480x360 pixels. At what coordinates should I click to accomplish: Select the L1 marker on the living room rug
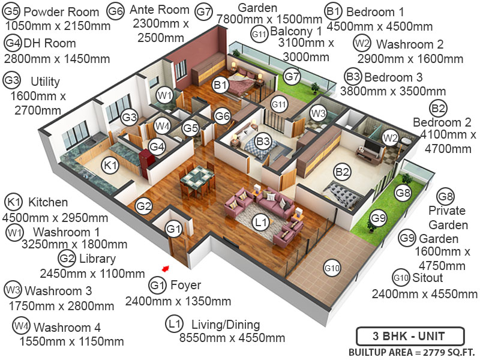[260, 223]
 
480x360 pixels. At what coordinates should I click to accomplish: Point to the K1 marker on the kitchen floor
[110, 166]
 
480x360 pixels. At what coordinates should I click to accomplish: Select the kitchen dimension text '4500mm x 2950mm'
[56, 218]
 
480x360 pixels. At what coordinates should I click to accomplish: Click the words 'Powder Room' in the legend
[61, 12]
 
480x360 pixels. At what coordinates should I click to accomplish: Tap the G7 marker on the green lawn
[292, 77]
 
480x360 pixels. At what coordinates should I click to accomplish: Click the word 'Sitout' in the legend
[428, 278]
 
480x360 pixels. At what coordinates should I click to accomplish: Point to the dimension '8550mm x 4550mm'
[232, 338]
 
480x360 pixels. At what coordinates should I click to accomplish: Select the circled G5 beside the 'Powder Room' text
[13, 11]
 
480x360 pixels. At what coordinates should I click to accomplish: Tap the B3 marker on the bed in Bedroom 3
[263, 142]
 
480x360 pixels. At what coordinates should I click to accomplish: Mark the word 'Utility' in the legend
[45, 81]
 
